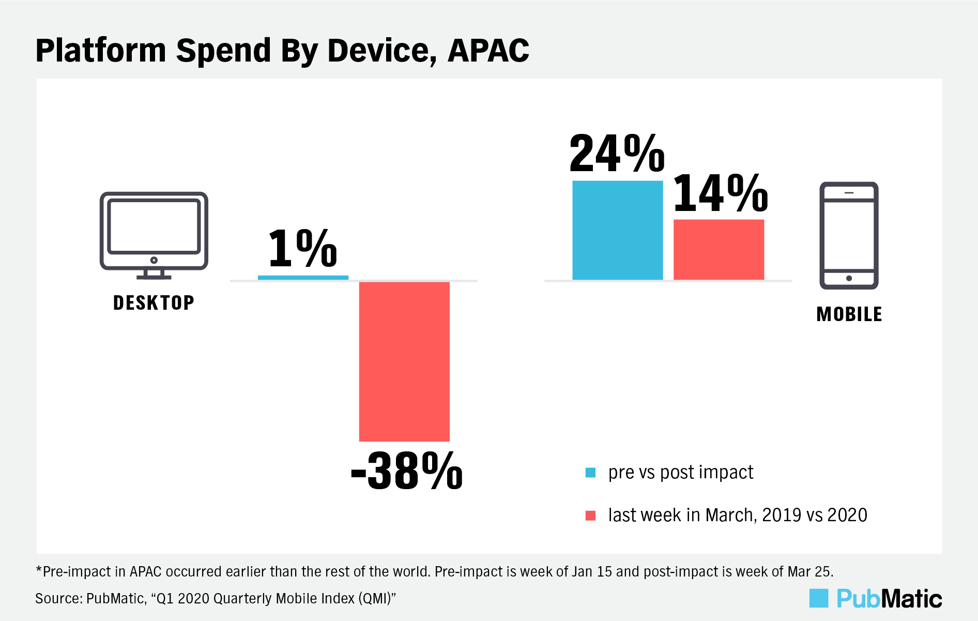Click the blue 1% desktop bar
(303, 278)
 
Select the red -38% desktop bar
(404, 361)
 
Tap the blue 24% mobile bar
(618, 230)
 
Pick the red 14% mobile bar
(719, 250)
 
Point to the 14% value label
(721, 193)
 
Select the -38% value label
(407, 471)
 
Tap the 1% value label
(303, 248)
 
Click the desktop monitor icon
(154, 235)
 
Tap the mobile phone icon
(849, 235)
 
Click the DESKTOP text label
(154, 303)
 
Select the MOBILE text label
(849, 314)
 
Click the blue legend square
(590, 473)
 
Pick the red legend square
(590, 516)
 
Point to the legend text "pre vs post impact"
(681, 473)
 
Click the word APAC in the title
(488, 51)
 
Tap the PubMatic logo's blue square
(819, 598)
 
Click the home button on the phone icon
(849, 278)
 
